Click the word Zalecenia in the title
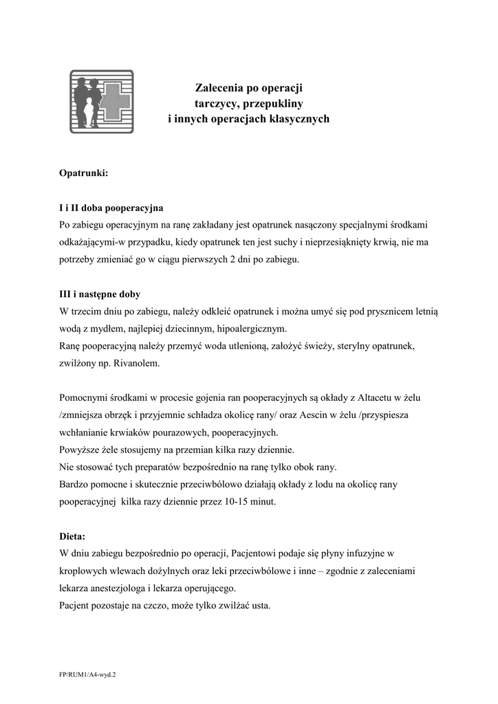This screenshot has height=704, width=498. pyautogui.click(x=218, y=88)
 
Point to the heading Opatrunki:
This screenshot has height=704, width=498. pyautogui.click(x=83, y=174)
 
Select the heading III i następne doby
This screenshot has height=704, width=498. pyautogui.click(x=100, y=294)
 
